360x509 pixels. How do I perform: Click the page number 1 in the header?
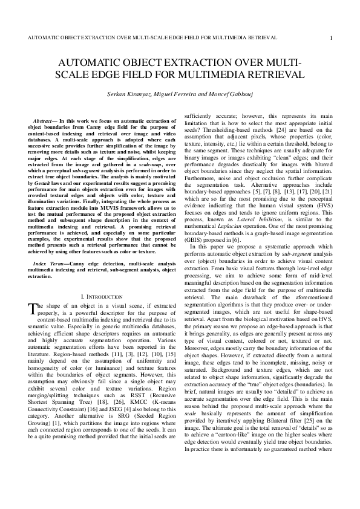(331, 38)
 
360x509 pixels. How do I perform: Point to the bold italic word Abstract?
(44, 121)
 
